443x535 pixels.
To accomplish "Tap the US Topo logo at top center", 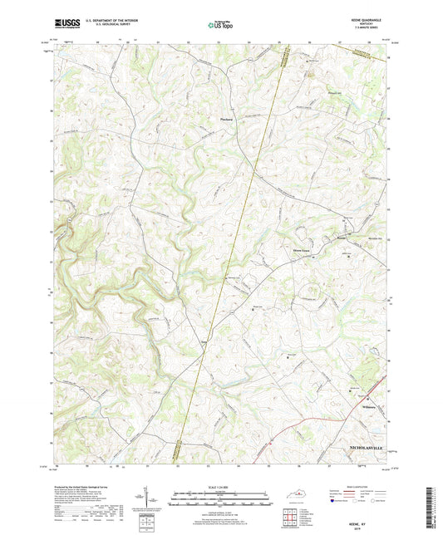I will click(x=220, y=25).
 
